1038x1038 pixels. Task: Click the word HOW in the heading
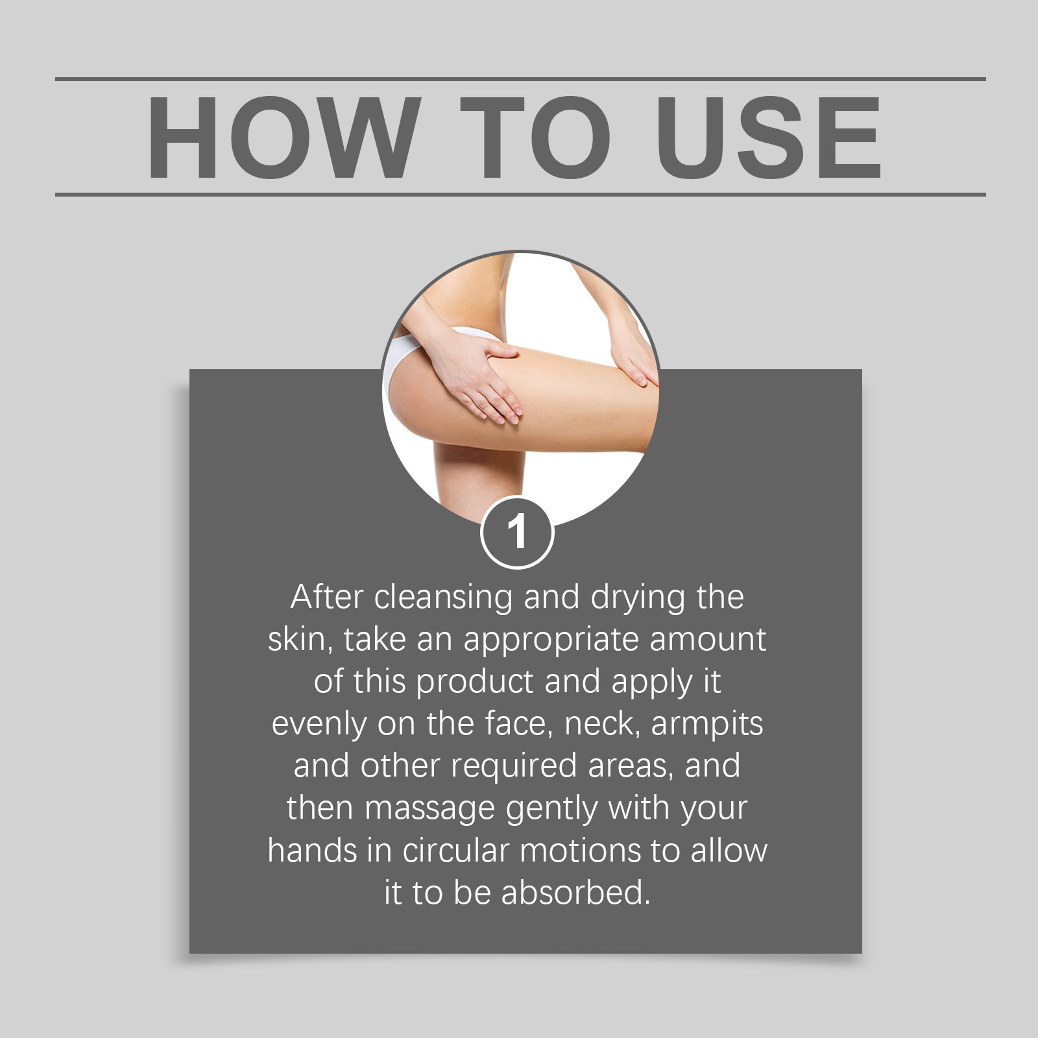281,137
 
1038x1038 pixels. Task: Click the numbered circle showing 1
517,533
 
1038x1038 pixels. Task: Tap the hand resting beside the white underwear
477,383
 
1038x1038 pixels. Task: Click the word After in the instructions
328,597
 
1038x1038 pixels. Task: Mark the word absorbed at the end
575,892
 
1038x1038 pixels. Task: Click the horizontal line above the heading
520,79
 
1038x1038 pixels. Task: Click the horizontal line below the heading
520,194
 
